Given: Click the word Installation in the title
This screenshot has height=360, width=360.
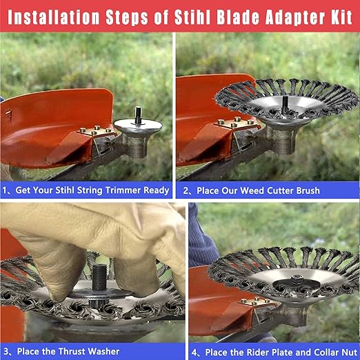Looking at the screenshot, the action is (54, 17).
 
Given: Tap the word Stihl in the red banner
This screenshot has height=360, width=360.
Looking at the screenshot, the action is (192, 17).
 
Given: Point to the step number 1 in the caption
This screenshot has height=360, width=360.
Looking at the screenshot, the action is (5, 190).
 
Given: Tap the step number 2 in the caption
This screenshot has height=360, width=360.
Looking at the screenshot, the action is (186, 191).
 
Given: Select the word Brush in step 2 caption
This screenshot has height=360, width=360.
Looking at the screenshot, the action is (308, 191).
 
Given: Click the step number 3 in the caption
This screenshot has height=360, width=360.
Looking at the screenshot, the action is (6, 352).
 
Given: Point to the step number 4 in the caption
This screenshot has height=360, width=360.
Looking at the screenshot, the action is (194, 352).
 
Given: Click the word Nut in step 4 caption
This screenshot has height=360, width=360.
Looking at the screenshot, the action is (350, 352).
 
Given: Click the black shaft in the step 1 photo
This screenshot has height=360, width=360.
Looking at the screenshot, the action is (138, 115).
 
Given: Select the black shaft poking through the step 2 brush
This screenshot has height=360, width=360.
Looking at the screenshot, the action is (285, 104).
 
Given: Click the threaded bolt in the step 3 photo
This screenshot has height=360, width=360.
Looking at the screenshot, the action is (99, 277).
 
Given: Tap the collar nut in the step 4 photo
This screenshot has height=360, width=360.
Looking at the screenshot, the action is (297, 279).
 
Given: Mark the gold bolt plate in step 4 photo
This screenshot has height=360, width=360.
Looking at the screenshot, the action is (257, 301).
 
